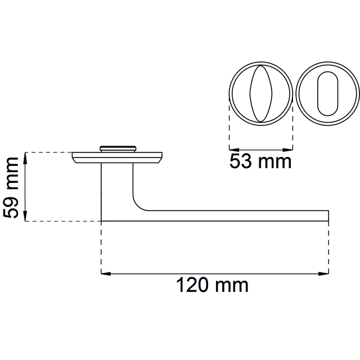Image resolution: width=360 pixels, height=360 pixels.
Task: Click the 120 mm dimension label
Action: [213, 285]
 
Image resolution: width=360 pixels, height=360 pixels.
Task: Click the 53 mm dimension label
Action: [260, 162]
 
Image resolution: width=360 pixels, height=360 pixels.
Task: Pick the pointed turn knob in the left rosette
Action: [260, 93]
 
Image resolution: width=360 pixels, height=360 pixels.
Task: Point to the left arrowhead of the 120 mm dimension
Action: [105, 274]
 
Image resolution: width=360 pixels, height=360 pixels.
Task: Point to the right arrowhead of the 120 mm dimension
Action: [325, 274]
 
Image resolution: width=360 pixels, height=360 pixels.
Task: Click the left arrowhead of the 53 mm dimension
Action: [232, 150]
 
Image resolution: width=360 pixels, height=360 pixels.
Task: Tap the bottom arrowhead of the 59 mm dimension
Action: [26, 218]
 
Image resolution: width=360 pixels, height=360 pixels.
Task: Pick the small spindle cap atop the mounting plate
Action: [118, 148]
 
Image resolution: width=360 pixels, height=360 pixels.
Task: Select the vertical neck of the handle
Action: [118, 186]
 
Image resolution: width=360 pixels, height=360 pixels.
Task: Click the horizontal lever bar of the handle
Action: [236, 216]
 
